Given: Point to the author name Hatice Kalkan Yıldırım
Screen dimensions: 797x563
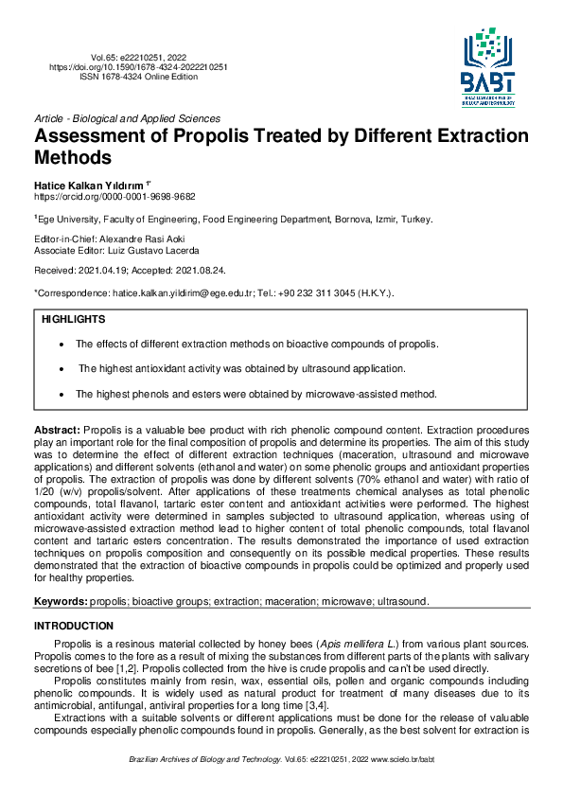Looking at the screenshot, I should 89,184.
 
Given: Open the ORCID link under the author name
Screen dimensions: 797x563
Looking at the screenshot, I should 114,196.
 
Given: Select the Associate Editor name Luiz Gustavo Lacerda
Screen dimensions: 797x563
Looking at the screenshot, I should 163,252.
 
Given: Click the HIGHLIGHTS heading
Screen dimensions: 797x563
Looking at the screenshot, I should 74,320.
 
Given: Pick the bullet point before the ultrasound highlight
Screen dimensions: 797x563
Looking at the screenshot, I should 62,368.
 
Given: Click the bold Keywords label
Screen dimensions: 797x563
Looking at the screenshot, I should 61,601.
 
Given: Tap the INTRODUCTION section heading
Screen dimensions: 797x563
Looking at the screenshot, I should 74,626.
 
